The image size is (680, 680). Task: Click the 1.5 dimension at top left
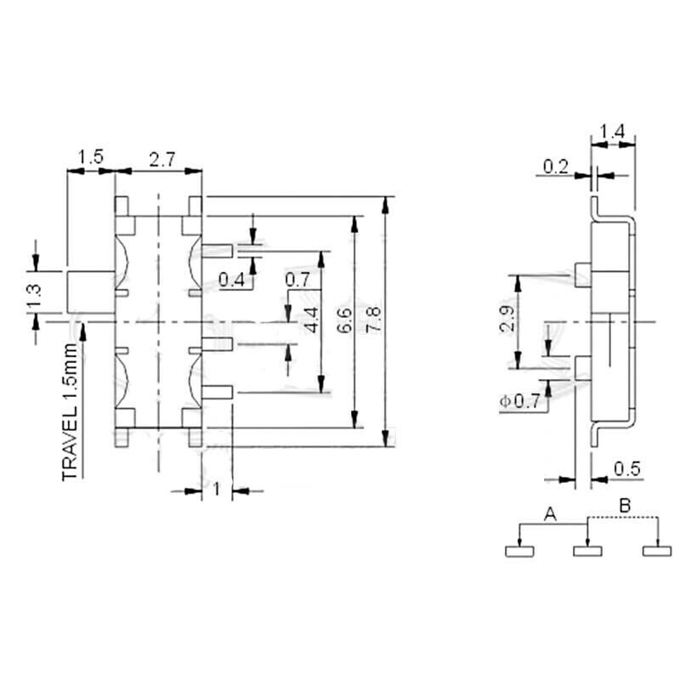click(x=90, y=157)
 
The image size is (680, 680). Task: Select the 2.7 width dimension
click(x=162, y=157)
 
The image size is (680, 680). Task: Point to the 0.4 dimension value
click(x=230, y=279)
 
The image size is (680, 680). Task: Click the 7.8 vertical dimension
click(x=375, y=320)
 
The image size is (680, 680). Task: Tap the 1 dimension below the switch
click(x=216, y=489)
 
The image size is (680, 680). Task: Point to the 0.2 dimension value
click(x=556, y=167)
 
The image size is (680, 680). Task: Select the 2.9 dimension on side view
click(x=507, y=319)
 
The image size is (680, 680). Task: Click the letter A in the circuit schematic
click(x=550, y=513)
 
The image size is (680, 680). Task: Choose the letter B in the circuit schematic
click(x=624, y=507)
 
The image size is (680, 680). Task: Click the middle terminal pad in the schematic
click(x=588, y=552)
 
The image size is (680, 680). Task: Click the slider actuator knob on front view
click(x=90, y=292)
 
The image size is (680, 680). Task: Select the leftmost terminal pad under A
click(x=519, y=552)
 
